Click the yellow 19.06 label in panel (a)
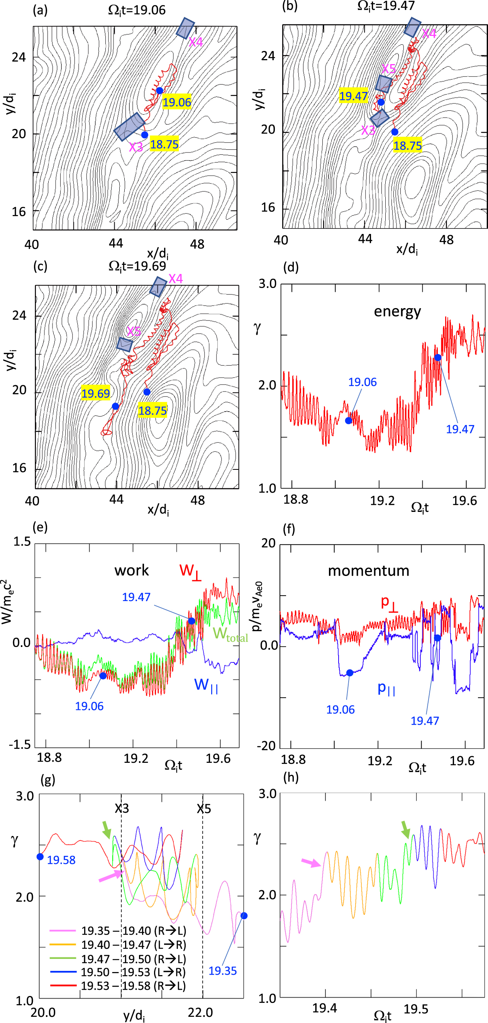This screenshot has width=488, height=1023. click(x=177, y=102)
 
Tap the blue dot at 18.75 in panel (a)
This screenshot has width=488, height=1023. click(x=145, y=135)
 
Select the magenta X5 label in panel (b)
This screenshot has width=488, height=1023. click(x=389, y=69)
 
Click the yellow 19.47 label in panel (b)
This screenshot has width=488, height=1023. click(x=353, y=96)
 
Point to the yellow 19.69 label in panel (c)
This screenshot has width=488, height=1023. click(x=95, y=393)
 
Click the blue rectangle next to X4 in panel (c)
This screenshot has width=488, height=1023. click(x=158, y=286)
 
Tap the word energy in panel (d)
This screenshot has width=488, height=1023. click(x=397, y=312)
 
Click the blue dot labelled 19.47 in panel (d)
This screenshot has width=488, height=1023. click(x=437, y=357)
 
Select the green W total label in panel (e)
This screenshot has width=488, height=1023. click(x=230, y=634)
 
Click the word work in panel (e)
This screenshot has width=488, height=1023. click(x=131, y=571)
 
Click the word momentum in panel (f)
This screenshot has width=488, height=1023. click(x=368, y=571)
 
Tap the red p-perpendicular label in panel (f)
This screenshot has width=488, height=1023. click(x=389, y=603)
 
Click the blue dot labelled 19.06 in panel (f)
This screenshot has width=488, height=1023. click(x=349, y=673)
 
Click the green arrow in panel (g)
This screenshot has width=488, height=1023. click(x=107, y=830)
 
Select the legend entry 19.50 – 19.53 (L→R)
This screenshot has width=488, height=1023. click(x=133, y=972)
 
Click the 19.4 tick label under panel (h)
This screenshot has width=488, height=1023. click(x=324, y=1008)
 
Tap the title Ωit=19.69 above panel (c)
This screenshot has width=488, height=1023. click(x=137, y=266)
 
